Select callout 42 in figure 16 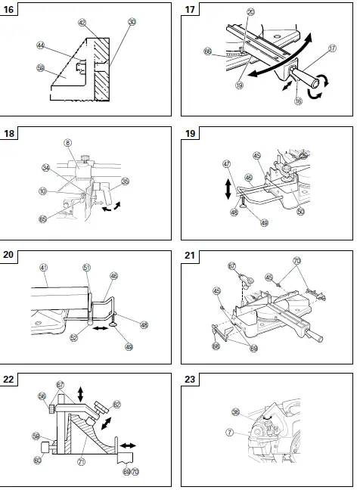[x=82, y=23]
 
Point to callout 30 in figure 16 [x=132, y=23]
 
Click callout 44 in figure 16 [x=40, y=45]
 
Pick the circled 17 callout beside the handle [x=332, y=69]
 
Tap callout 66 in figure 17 [x=207, y=52]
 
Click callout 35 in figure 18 [x=126, y=181]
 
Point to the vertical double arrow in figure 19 [x=228, y=185]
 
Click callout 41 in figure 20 [x=44, y=267]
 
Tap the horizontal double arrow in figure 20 [x=99, y=330]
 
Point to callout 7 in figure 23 [x=227, y=433]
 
